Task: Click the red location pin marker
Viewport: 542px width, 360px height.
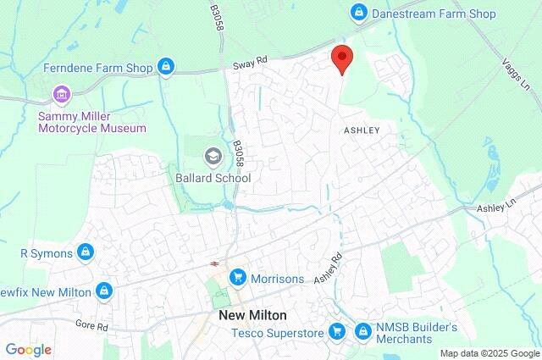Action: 341,58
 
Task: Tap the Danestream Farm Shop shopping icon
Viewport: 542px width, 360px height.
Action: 359,13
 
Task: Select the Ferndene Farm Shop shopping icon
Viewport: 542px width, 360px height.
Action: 166,67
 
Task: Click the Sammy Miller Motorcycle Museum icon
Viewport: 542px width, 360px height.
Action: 60,93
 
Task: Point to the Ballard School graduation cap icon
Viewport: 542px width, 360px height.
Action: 212,157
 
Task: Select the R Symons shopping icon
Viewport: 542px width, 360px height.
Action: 85,252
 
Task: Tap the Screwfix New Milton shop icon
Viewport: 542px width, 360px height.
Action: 103,291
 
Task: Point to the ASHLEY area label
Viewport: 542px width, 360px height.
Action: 362,130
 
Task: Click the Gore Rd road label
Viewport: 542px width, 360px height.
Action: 91,325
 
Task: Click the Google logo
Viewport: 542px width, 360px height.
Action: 28,349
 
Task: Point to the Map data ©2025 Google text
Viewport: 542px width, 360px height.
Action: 489,352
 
